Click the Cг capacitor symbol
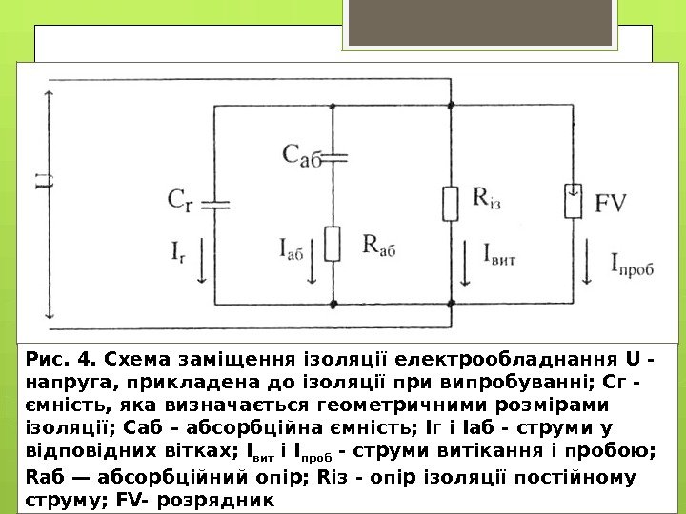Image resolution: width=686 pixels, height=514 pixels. [x=217, y=203]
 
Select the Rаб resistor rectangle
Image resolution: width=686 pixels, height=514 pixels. [x=333, y=244]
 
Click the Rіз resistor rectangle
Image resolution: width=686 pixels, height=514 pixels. [x=451, y=204]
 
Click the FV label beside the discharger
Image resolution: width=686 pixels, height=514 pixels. [x=614, y=203]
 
